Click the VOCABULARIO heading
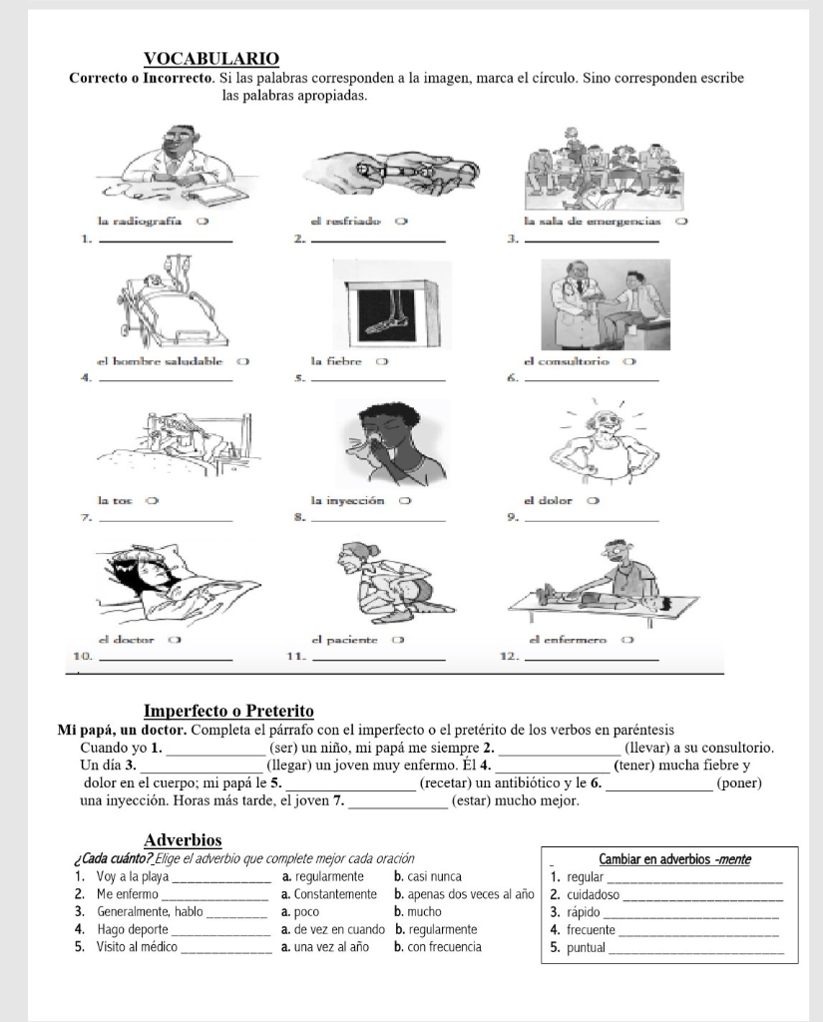click(x=211, y=59)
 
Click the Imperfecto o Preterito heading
click(x=229, y=711)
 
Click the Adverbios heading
click(x=183, y=840)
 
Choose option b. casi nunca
click(x=428, y=876)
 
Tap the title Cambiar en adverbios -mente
click(x=674, y=859)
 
